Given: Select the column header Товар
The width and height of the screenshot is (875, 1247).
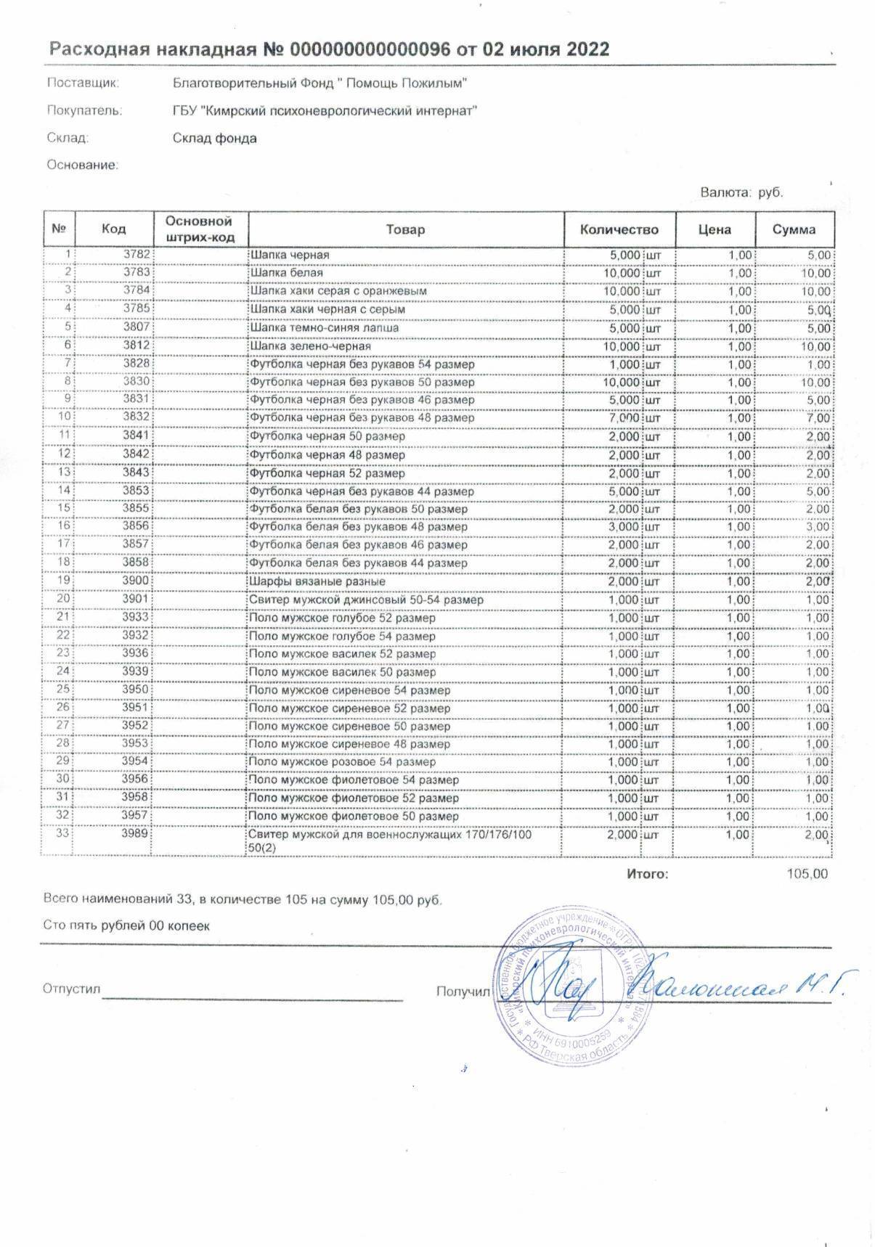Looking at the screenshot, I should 405,229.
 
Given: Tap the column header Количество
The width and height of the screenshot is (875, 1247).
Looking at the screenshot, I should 619,229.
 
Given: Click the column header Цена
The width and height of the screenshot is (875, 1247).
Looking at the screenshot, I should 715,229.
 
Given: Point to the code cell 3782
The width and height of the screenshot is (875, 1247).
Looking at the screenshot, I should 137,255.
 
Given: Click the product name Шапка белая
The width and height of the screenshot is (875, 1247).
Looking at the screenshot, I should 287,273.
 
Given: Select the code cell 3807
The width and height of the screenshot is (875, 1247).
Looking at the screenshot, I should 137,327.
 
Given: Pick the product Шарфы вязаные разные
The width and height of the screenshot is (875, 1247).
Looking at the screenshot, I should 317,581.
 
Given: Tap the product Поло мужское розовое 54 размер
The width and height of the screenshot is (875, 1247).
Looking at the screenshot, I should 342,762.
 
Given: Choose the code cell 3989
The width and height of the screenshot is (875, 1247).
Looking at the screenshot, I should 137,834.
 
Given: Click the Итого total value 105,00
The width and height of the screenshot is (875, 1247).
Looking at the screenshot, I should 807,874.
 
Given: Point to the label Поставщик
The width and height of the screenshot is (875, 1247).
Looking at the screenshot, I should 83,83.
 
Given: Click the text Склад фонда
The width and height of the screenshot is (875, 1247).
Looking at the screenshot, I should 215,138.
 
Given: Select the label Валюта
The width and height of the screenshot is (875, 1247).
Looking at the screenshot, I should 725,192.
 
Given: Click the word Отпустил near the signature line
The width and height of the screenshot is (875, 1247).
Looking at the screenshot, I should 71,989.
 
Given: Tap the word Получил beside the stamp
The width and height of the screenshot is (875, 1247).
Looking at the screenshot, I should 463,991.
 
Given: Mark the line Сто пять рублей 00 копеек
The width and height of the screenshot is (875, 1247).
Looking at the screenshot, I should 126,925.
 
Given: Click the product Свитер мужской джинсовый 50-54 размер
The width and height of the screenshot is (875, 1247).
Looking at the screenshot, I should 366,600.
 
